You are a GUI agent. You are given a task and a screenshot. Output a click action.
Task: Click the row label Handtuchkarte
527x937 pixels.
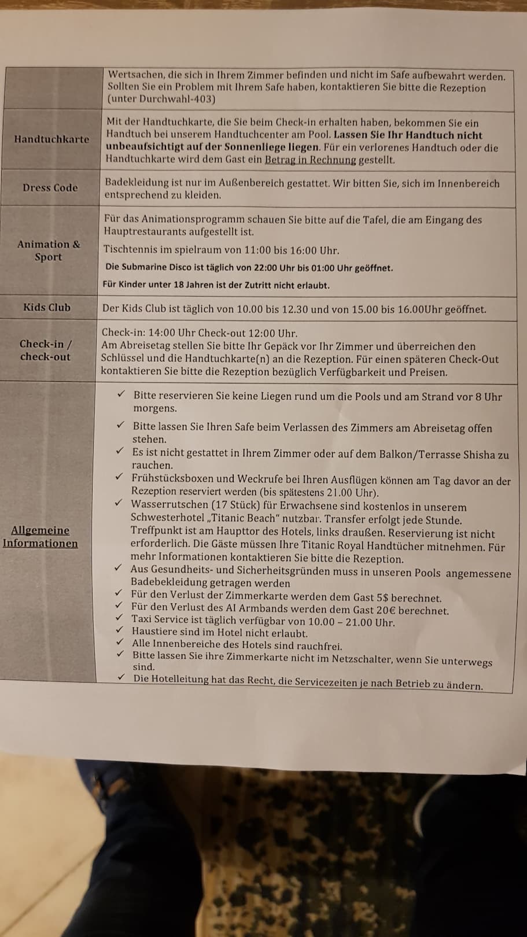pos(51,139)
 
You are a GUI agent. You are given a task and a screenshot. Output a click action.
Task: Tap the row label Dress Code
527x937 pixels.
pos(50,187)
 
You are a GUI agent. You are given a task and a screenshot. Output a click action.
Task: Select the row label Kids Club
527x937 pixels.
pos(47,307)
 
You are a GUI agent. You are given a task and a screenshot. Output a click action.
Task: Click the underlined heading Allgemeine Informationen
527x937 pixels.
pos(40,537)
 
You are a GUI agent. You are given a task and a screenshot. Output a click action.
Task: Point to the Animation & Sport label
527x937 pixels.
pos(49,250)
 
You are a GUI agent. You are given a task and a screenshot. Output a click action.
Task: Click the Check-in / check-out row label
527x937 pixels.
pos(46,350)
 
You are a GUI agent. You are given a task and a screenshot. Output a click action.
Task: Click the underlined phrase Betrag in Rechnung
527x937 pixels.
pos(310,160)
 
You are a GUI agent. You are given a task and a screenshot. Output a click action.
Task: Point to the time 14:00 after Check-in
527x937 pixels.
pos(164,333)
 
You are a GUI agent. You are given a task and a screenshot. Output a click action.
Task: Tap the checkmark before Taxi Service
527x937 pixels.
pos(119,618)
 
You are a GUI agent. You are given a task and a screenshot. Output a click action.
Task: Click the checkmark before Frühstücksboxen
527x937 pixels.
pos(119,477)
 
